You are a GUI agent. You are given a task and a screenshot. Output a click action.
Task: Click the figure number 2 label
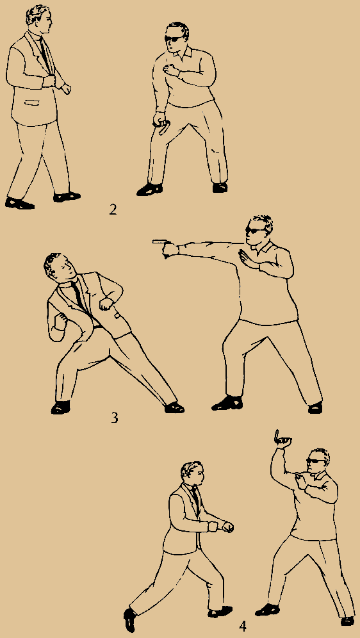pos(113,209)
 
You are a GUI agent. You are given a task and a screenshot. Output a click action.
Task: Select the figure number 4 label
pos(243,626)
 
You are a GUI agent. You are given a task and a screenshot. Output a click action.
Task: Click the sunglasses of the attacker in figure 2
pos(173,38)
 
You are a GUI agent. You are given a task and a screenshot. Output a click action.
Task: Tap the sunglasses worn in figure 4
pos(315,461)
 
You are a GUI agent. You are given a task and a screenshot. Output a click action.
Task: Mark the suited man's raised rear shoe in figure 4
pos(129,620)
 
